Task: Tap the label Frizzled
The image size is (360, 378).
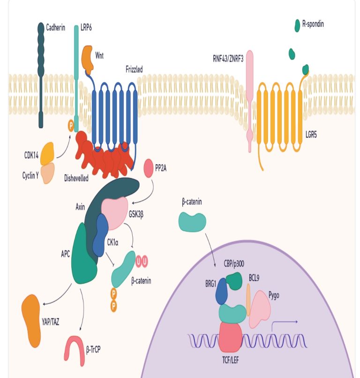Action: [134, 69]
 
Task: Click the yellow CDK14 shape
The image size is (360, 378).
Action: [48, 154]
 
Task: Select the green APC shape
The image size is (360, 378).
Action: [83, 256]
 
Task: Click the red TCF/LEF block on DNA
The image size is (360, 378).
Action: [230, 338]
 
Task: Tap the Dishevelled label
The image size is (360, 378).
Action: [76, 178]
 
